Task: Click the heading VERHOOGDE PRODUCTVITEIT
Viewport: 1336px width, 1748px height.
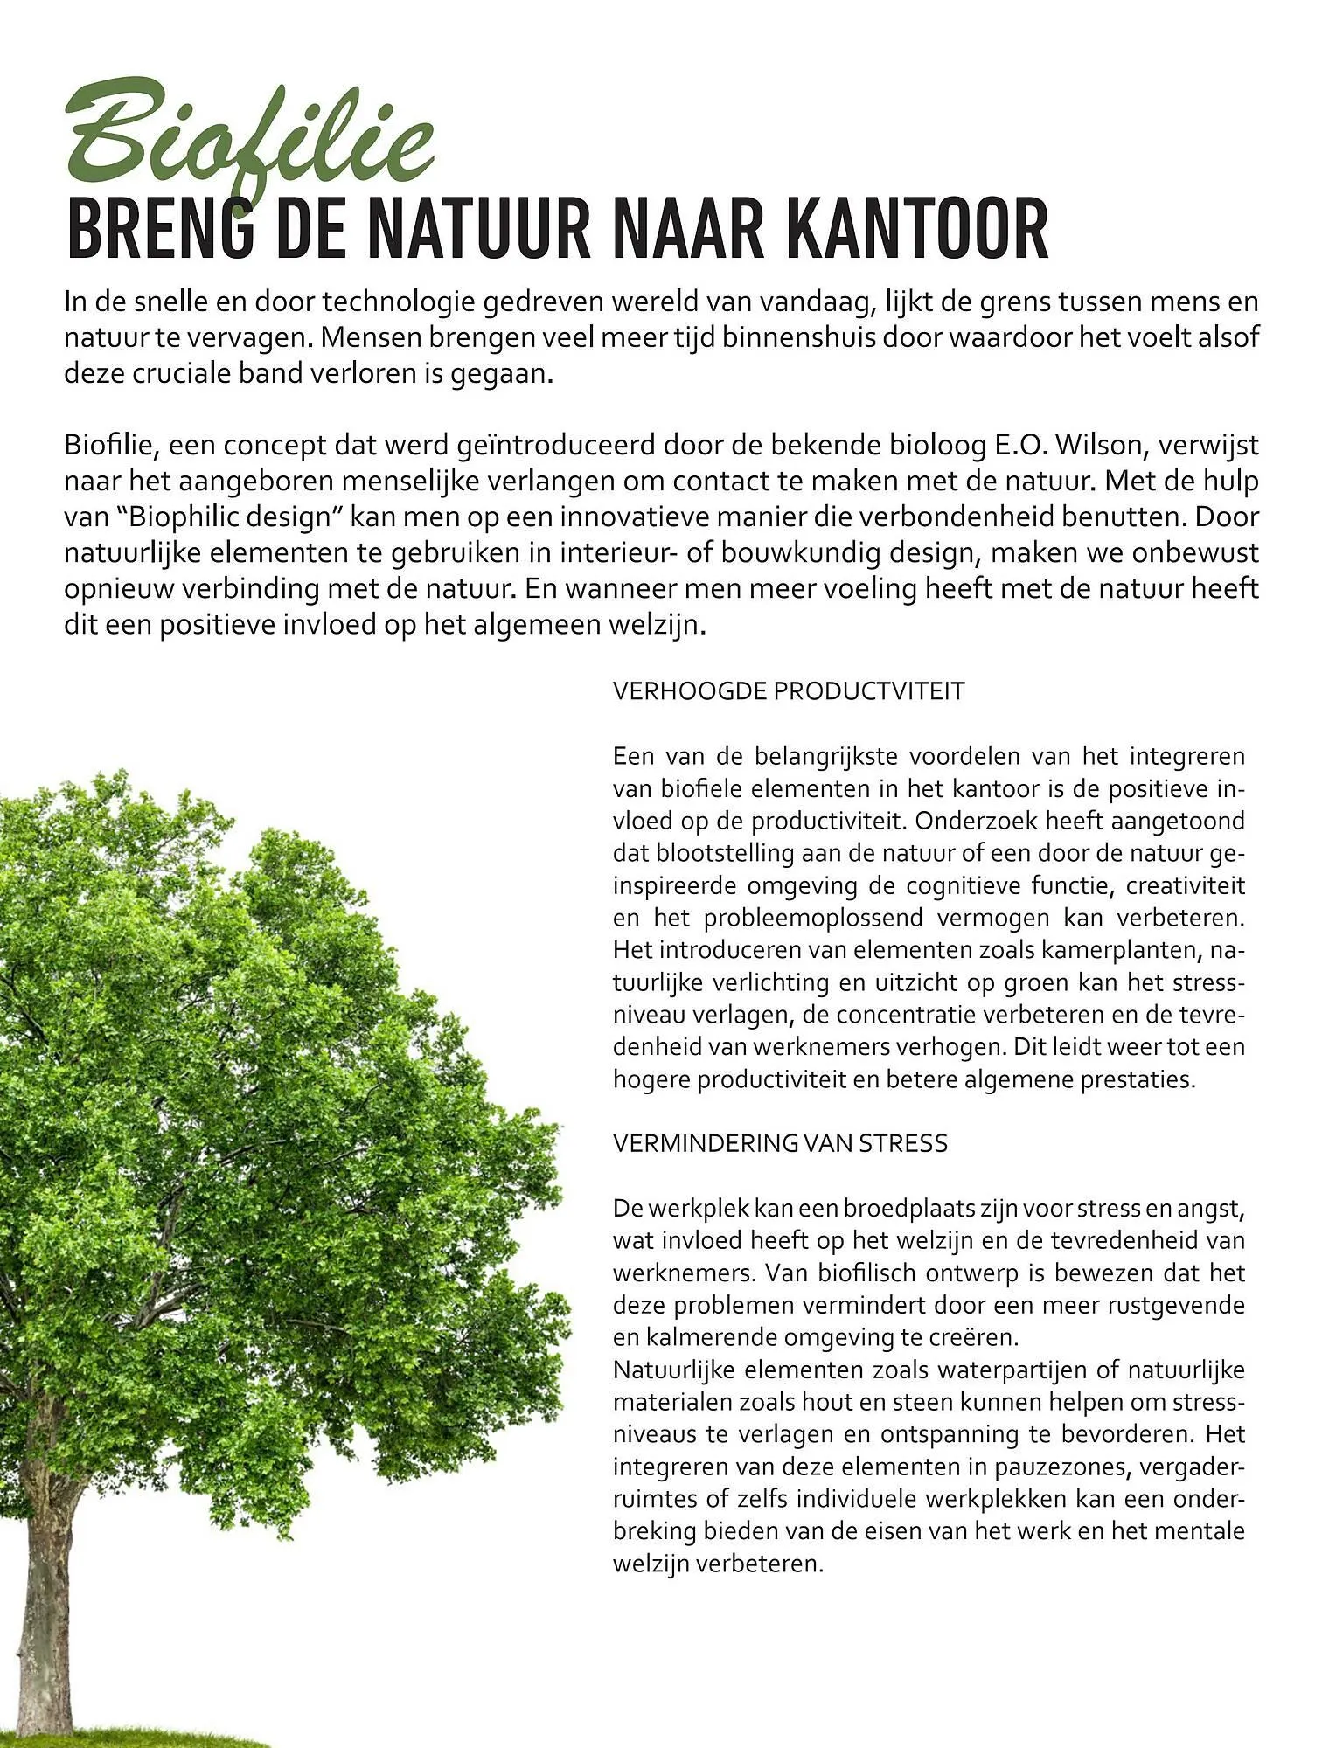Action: [788, 691]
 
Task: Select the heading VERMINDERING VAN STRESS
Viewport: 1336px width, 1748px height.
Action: [780, 1143]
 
